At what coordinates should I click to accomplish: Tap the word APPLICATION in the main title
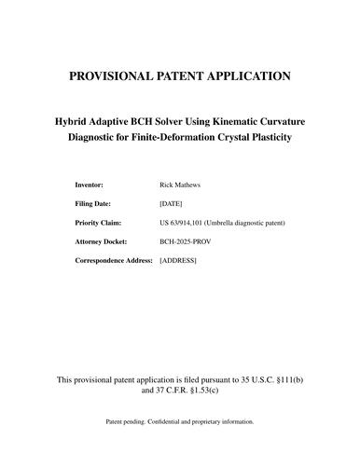click(x=237, y=76)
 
